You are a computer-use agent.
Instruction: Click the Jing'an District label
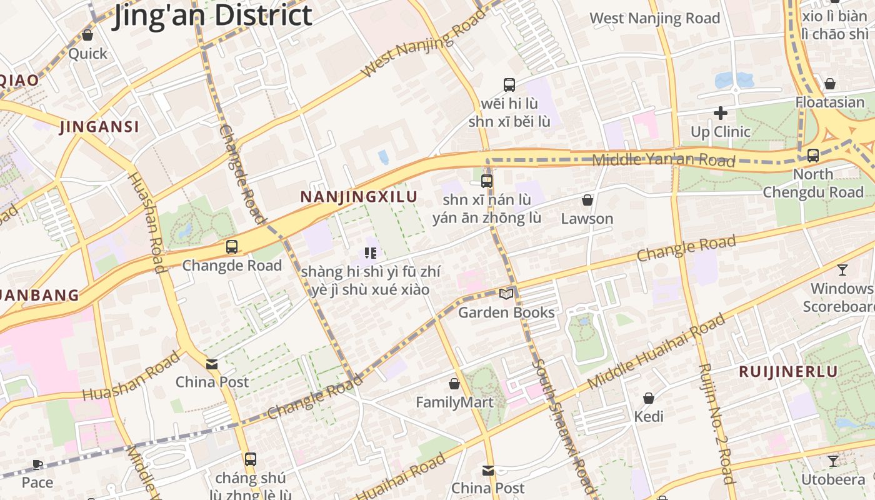pyautogui.click(x=212, y=15)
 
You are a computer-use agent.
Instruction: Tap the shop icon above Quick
pyautogui.click(x=87, y=36)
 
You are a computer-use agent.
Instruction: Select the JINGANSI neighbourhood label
pyautogui.click(x=99, y=127)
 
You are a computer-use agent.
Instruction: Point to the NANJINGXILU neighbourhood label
pyautogui.click(x=359, y=197)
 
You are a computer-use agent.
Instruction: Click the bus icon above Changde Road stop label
pyautogui.click(x=232, y=247)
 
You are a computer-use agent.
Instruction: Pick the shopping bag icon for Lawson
pyautogui.click(x=587, y=201)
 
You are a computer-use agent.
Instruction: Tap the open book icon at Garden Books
pyautogui.click(x=506, y=294)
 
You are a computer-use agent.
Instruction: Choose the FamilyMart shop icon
pyautogui.click(x=454, y=384)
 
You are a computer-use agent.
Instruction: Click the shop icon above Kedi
pyautogui.click(x=649, y=398)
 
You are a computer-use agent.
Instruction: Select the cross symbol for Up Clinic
pyautogui.click(x=720, y=113)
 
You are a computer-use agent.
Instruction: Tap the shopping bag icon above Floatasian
pyautogui.click(x=830, y=84)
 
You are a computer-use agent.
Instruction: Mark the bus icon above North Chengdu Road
pyautogui.click(x=813, y=156)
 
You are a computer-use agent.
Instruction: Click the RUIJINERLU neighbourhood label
pyautogui.click(x=788, y=371)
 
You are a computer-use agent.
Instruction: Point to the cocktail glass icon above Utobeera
pyautogui.click(x=832, y=461)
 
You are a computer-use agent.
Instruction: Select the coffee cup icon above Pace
pyautogui.click(x=37, y=464)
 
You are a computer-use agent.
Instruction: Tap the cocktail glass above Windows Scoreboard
pyautogui.click(x=842, y=270)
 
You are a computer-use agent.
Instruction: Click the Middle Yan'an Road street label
pyautogui.click(x=663, y=160)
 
